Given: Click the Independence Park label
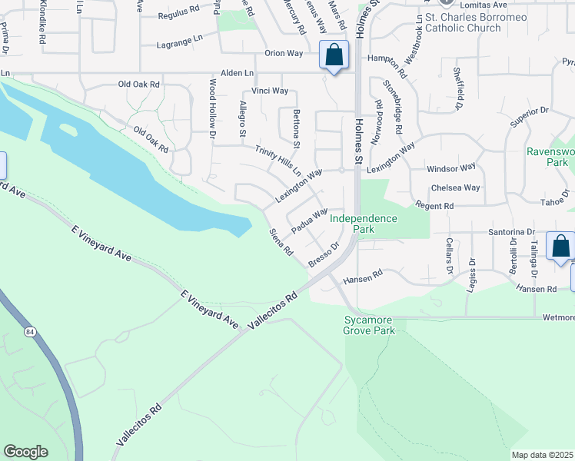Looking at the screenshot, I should (x=364, y=224).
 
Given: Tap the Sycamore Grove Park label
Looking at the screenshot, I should (x=369, y=325).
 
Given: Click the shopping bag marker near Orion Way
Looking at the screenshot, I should (x=334, y=55).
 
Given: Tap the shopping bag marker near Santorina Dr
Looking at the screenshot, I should (x=560, y=246).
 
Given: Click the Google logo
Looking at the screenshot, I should (x=25, y=452).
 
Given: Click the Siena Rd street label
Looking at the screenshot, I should (x=281, y=241).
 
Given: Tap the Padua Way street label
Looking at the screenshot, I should (x=309, y=218).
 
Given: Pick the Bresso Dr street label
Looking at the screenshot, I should (x=324, y=256).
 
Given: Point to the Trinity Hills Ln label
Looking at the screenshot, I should (x=278, y=161).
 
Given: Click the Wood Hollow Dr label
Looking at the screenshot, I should (x=213, y=108).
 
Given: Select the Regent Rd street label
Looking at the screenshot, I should (x=434, y=205).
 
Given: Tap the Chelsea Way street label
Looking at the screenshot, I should (x=456, y=187).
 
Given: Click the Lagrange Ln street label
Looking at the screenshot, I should (x=179, y=38).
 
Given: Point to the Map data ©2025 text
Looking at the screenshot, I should (x=542, y=455).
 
